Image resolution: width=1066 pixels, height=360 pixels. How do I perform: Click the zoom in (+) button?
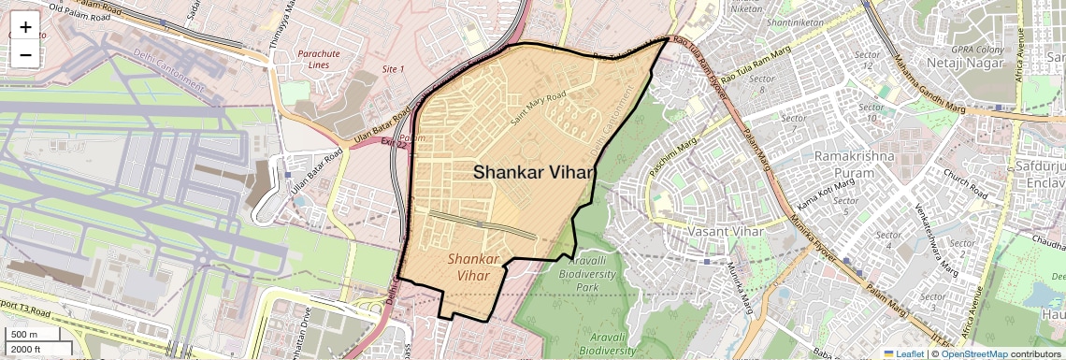25,28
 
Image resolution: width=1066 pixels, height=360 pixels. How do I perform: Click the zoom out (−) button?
25,55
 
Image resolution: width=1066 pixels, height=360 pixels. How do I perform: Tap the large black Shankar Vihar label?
534,172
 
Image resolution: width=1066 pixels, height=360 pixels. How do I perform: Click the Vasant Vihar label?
726,231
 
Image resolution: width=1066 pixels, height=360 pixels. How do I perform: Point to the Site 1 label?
393,69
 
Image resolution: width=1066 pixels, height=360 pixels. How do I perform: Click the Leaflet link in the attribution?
902,353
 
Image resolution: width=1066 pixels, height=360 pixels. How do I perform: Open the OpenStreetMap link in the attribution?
974,353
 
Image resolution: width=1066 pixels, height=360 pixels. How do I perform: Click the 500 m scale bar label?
24,335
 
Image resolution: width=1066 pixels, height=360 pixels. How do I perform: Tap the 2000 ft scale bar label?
28,349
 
